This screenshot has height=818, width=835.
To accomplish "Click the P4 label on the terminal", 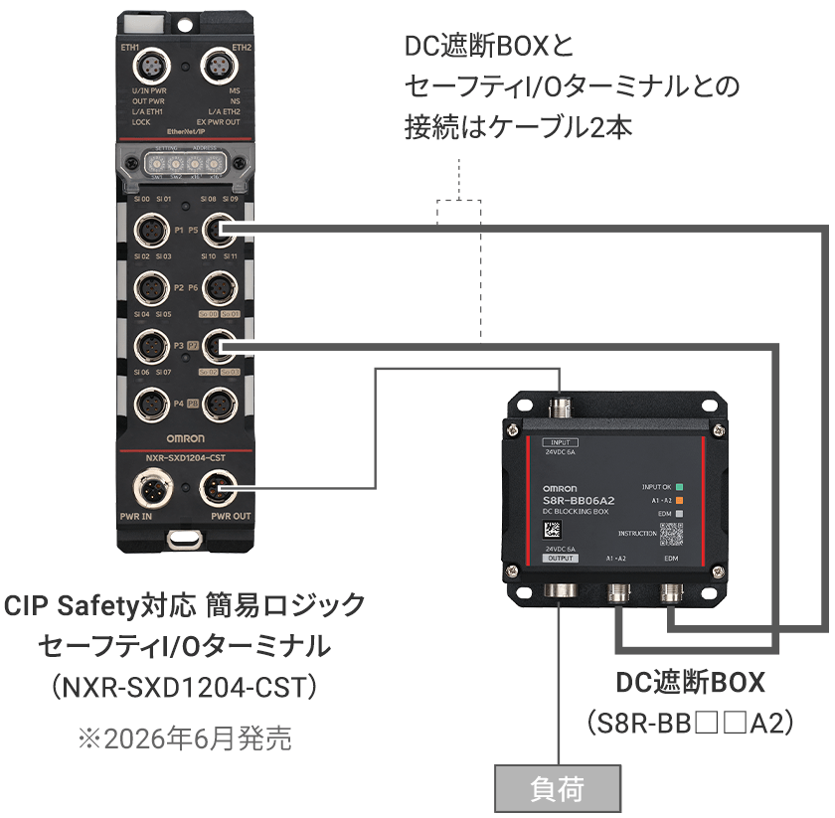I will (x=179, y=404).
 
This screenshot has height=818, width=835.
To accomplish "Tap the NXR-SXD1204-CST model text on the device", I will (x=185, y=457).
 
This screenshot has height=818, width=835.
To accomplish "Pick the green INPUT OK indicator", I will (x=680, y=487).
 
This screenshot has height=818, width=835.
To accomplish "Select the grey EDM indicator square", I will (x=680, y=513).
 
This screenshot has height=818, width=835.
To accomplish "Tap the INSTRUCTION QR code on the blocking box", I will (x=673, y=534).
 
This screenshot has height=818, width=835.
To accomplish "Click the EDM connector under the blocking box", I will (x=674, y=595).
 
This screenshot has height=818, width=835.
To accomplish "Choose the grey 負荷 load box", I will (x=557, y=790).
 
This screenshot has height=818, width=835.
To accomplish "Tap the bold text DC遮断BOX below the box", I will (x=691, y=683).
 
